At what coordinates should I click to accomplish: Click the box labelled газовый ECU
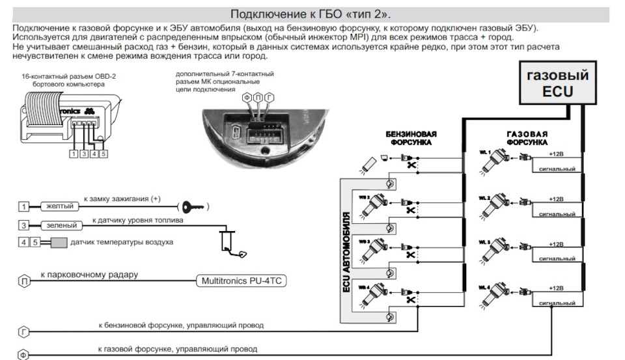click(557, 83)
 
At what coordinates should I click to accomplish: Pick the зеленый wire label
click(62, 225)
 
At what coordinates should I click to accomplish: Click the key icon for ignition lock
click(194, 207)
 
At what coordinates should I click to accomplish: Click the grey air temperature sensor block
click(59, 243)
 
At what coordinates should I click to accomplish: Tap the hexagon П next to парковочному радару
click(23, 281)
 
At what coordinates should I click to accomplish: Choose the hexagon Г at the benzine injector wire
click(23, 332)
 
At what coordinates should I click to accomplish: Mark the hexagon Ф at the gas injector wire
click(23, 355)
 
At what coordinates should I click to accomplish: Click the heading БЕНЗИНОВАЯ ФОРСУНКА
click(411, 137)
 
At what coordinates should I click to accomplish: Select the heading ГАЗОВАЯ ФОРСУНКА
click(527, 137)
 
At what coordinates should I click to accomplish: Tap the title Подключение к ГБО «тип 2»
click(312, 14)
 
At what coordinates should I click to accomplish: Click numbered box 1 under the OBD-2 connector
click(74, 154)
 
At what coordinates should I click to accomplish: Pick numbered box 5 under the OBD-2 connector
click(104, 154)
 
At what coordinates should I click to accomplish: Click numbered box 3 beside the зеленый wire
click(23, 225)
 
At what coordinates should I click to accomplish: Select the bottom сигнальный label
click(552, 303)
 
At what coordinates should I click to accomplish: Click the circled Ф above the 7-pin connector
click(247, 98)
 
